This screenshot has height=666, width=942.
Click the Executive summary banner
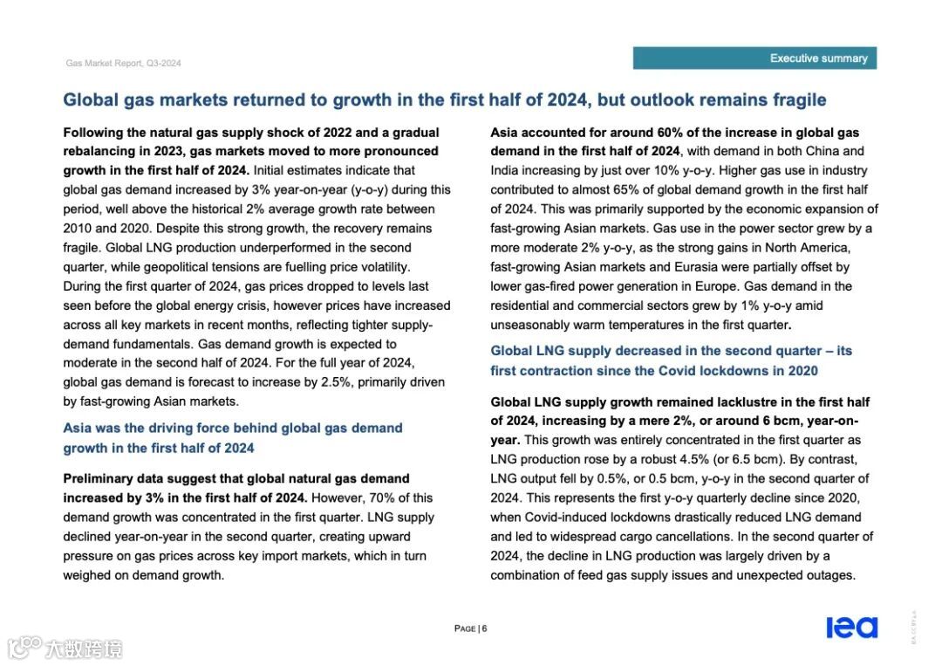pos(754,58)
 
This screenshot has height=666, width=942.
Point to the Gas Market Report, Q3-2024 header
pos(123,64)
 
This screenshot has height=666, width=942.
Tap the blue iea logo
pos(851,628)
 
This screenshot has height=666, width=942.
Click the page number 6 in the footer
pos(484,628)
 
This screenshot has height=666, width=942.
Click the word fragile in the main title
pos(795,100)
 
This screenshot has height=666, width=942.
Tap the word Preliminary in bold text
pos(97,478)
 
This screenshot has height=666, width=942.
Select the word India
pos(507,170)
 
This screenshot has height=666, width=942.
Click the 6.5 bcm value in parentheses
pos(788,459)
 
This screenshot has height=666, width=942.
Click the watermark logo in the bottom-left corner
pos(65,648)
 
